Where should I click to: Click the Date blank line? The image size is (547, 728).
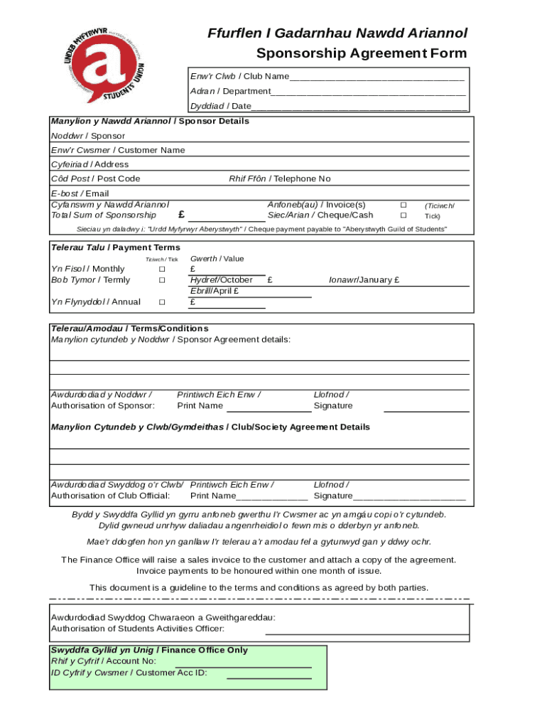coord(359,108)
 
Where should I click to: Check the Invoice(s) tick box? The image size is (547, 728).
coord(404,205)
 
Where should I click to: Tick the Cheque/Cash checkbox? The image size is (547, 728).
coord(404,215)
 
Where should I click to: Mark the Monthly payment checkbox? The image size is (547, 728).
coord(162,269)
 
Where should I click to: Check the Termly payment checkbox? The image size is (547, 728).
coord(162,280)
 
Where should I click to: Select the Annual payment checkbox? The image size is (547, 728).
coord(162,302)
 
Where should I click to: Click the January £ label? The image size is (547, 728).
coord(364,280)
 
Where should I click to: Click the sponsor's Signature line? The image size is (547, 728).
coord(426,410)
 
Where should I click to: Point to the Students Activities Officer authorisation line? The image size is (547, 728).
coord(367,632)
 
